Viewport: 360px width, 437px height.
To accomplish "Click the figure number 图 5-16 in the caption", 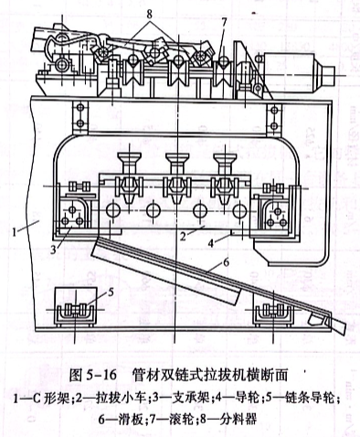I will click(x=93, y=374).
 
